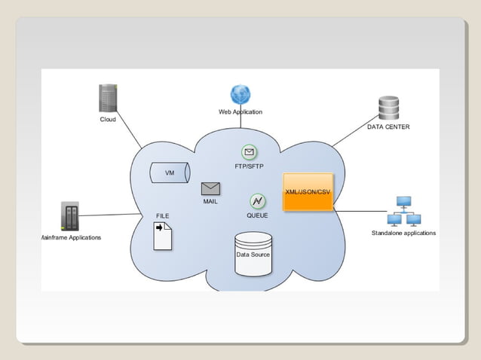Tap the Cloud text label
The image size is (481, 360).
click(x=108, y=119)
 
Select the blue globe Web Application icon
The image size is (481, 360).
click(x=240, y=95)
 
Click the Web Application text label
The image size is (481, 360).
click(x=240, y=111)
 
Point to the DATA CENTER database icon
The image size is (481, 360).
click(x=389, y=108)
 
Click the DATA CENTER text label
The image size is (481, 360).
click(x=388, y=127)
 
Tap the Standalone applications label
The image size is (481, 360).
click(x=403, y=233)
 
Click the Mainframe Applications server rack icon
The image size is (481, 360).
click(x=69, y=216)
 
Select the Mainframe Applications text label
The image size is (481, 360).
click(x=71, y=237)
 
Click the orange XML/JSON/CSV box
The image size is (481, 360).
click(x=308, y=192)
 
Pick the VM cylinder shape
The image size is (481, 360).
click(x=170, y=173)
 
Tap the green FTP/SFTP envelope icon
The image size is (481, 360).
click(x=250, y=153)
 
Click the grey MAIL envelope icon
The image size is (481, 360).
click(x=210, y=189)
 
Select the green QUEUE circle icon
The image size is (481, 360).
click(x=257, y=202)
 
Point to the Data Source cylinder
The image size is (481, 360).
click(x=253, y=255)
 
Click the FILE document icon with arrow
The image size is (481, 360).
click(x=162, y=236)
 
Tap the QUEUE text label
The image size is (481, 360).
click(x=257, y=215)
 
